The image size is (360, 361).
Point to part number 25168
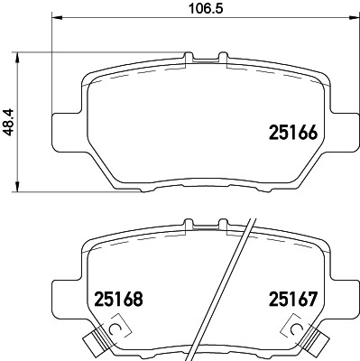click(120, 298)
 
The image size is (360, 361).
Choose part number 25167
click(291, 298)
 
